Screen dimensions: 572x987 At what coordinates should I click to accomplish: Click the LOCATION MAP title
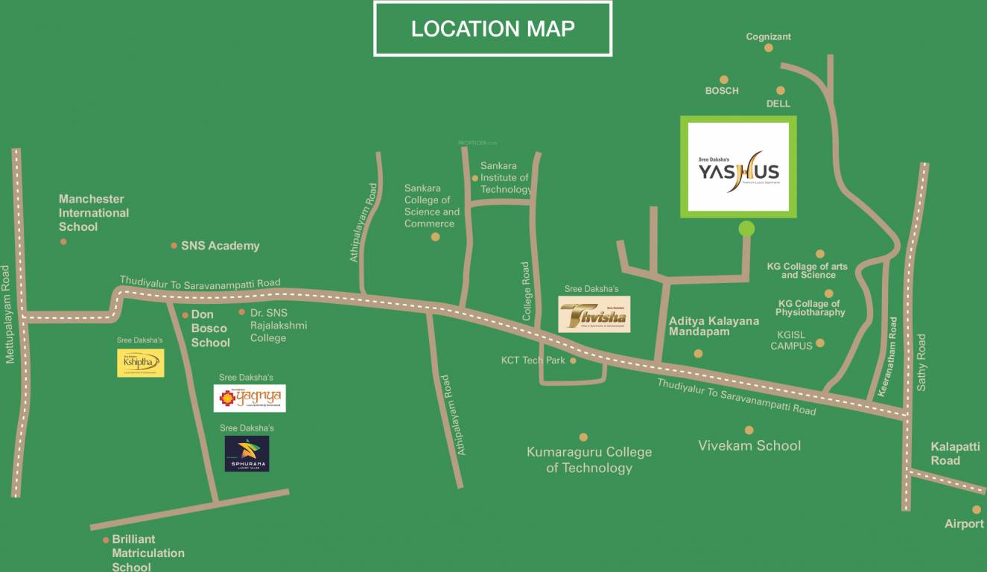point(492,29)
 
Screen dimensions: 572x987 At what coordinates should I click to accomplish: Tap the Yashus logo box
point(738,167)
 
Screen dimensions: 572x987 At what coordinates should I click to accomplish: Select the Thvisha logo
point(594,314)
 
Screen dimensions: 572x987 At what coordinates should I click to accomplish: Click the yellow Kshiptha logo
point(140,363)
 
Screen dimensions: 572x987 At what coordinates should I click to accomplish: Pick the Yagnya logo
point(250,398)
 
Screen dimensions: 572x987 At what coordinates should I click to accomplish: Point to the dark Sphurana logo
point(247,454)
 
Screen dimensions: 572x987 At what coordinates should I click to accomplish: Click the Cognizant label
point(768,36)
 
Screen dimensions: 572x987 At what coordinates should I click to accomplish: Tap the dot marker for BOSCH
point(723,80)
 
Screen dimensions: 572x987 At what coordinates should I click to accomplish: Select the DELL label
point(778,104)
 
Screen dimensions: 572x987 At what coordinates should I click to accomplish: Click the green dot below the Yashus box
point(746,229)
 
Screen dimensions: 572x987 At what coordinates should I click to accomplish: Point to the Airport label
point(964,524)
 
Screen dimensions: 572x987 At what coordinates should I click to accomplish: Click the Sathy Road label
point(921,363)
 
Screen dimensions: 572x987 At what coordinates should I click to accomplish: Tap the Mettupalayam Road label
point(9,314)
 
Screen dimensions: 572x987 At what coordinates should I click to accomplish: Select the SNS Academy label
point(220,246)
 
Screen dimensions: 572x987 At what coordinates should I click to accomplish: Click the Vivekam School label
point(749,445)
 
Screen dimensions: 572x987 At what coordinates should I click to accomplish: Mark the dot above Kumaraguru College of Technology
point(583,437)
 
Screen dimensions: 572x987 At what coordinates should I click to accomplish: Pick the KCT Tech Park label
point(533,360)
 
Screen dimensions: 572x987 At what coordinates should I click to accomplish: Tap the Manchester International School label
point(94,212)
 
